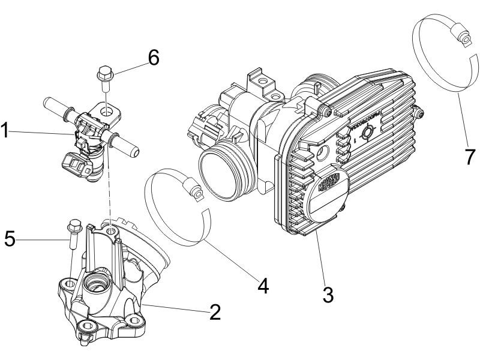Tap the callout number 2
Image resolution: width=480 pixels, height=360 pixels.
click(214, 312)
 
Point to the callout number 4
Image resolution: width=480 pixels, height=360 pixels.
click(262, 284)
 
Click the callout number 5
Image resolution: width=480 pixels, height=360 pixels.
click(10, 238)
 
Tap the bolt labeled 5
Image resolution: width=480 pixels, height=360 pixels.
click(73, 229)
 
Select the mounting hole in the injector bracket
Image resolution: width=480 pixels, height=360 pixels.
click(107, 112)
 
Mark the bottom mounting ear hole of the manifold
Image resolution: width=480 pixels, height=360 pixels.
click(88, 325)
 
